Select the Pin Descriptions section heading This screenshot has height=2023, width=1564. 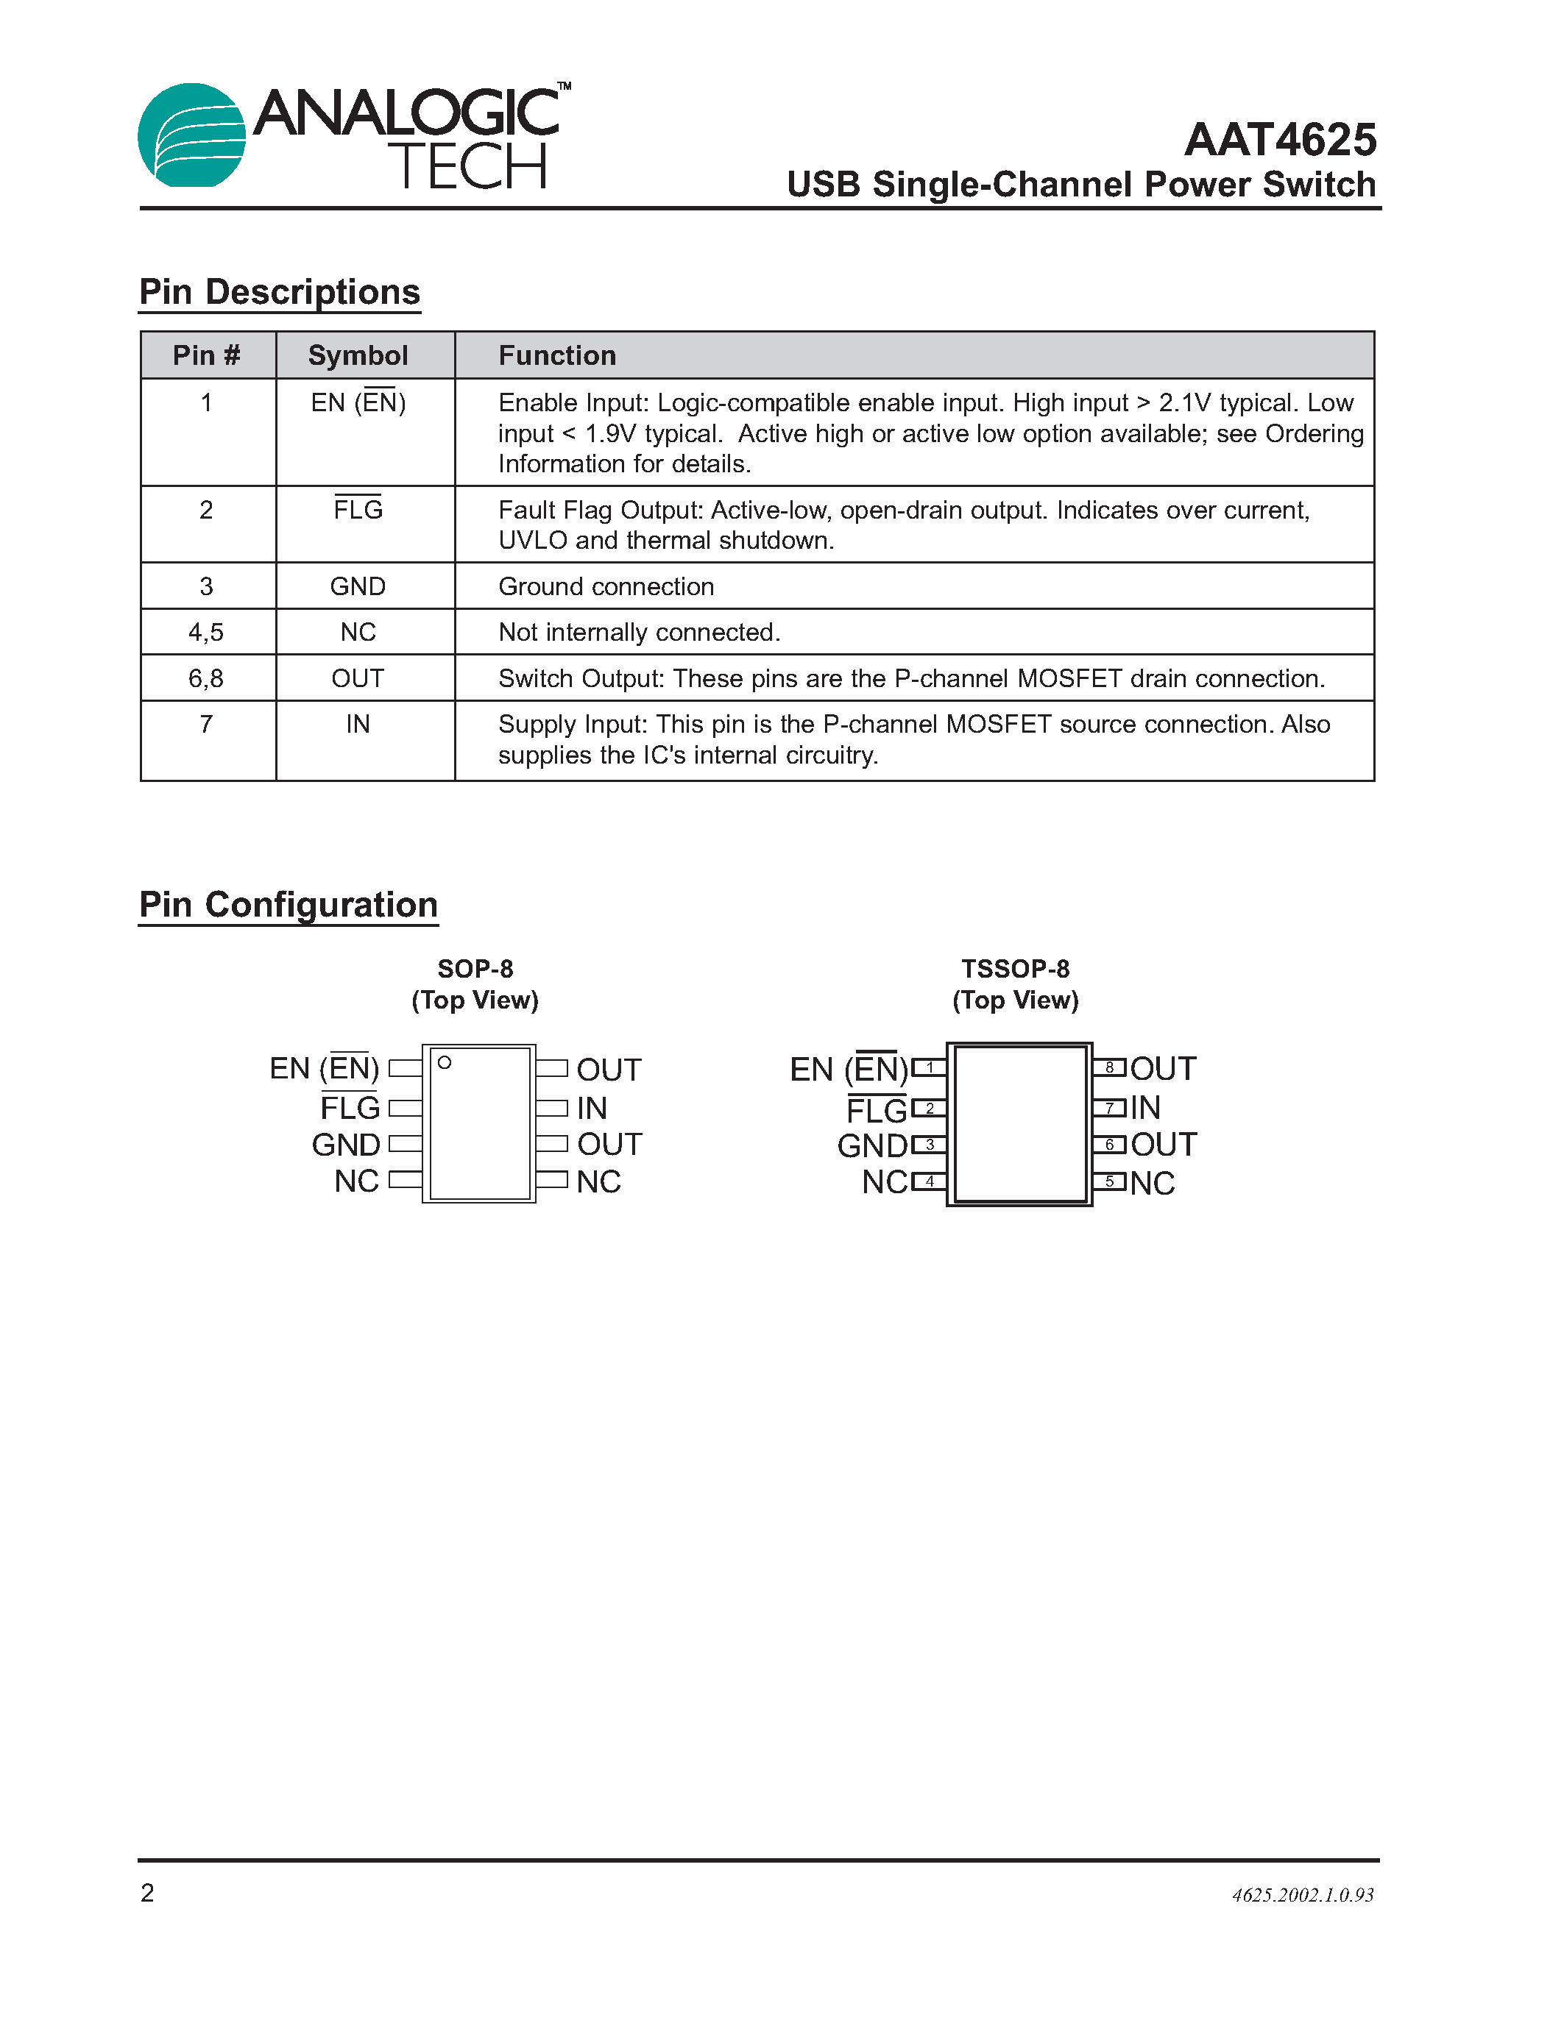click(x=279, y=292)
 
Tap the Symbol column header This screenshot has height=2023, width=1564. click(x=358, y=356)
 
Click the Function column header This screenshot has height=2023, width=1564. click(x=557, y=356)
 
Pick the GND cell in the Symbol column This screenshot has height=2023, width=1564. click(x=358, y=586)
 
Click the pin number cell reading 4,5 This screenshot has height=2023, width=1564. click(x=205, y=633)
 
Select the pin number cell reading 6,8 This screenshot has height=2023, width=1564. click(x=205, y=679)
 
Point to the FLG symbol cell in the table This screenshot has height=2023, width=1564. click(x=358, y=510)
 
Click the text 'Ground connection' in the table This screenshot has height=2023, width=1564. click(x=606, y=586)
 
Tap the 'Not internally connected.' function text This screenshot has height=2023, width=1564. click(x=640, y=633)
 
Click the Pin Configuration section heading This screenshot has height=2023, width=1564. click(x=289, y=905)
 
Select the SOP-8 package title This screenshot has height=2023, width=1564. click(x=475, y=969)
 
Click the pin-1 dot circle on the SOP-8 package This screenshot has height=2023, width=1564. click(x=445, y=1062)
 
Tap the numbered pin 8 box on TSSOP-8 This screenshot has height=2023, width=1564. click(x=1109, y=1068)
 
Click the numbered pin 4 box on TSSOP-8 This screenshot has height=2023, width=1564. click(x=930, y=1181)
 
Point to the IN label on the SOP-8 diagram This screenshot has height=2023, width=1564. click(x=591, y=1108)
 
